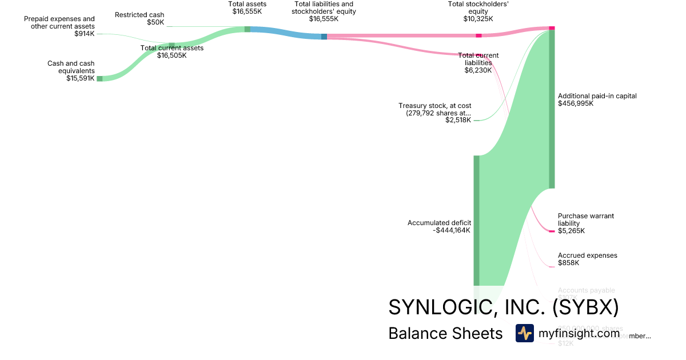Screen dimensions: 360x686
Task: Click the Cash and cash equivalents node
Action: [99, 78]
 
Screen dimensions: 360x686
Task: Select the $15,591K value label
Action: [80, 79]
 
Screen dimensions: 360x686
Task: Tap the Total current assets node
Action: [171, 45]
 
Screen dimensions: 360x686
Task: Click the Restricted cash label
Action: [139, 15]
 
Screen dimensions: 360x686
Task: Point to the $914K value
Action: [85, 34]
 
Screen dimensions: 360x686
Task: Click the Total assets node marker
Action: [248, 29]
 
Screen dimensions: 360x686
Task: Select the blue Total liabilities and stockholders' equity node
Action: [324, 37]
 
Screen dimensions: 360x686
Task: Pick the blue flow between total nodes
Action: [286, 33]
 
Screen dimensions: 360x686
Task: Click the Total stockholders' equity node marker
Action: [478, 35]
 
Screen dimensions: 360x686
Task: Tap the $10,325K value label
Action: [478, 19]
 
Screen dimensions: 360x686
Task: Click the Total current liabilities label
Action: [478, 59]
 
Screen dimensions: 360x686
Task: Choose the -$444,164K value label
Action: [452, 230]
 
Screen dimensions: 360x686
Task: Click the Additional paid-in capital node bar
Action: [552, 109]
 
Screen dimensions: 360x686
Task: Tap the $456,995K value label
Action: [576, 103]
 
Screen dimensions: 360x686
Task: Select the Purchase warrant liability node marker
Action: [552, 231]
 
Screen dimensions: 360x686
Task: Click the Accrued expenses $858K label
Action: [587, 259]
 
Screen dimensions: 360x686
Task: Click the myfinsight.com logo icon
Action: [524, 333]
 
